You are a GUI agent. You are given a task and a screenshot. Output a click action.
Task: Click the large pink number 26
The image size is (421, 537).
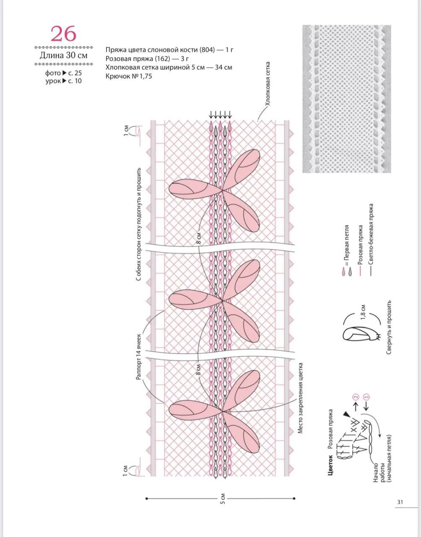point(63,34)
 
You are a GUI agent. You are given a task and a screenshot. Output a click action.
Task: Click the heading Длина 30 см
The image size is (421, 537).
point(63,55)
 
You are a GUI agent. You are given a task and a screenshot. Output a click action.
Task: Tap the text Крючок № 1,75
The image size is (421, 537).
point(129,76)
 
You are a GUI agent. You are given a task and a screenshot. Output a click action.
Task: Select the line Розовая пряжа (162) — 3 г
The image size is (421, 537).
point(147,59)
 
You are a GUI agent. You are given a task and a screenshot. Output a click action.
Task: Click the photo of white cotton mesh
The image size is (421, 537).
point(347,99)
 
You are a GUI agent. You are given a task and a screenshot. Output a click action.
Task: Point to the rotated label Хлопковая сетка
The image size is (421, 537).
point(268,84)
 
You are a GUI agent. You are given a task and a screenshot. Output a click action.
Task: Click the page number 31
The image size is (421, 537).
point(400,502)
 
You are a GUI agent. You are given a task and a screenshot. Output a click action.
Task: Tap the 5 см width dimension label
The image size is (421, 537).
point(223,498)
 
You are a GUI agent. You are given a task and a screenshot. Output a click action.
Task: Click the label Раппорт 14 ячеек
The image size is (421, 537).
point(138,357)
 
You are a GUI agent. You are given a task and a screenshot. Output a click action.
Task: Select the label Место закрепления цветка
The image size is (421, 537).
point(300,398)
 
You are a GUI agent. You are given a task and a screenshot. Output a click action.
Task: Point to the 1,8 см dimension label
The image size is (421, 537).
point(363,313)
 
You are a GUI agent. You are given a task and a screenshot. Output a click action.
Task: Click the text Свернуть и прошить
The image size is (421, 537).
point(389,327)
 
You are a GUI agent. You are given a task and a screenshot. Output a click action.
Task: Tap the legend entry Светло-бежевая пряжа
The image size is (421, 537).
point(371,239)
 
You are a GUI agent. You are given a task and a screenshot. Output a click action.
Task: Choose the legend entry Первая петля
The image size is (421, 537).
point(347,250)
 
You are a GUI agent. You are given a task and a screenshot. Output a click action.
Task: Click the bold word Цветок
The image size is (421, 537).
point(330,465)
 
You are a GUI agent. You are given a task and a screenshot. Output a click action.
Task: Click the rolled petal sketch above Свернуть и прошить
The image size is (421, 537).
point(361,333)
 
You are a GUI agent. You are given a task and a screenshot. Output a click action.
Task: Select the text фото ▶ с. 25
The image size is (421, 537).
point(63,73)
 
